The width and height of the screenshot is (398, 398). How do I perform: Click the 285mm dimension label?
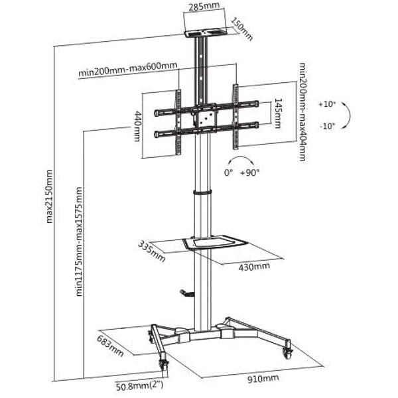pyautogui.click(x=204, y=6)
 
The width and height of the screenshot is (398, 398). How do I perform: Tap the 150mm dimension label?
pyautogui.click(x=242, y=29)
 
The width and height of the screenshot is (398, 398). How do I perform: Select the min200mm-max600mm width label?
pyautogui.click(x=127, y=68)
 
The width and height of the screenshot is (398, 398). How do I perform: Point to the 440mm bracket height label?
pyautogui.click(x=137, y=125)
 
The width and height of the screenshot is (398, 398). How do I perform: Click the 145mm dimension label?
pyautogui.click(x=278, y=113)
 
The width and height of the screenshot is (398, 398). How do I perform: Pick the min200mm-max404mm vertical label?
pyautogui.click(x=302, y=112)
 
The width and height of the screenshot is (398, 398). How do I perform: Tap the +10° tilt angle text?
pyautogui.click(x=327, y=104)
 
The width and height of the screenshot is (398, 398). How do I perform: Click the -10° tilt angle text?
pyautogui.click(x=327, y=126)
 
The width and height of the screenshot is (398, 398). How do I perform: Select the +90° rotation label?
pyautogui.click(x=250, y=173)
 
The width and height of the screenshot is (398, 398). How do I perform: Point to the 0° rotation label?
pyautogui.click(x=228, y=173)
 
